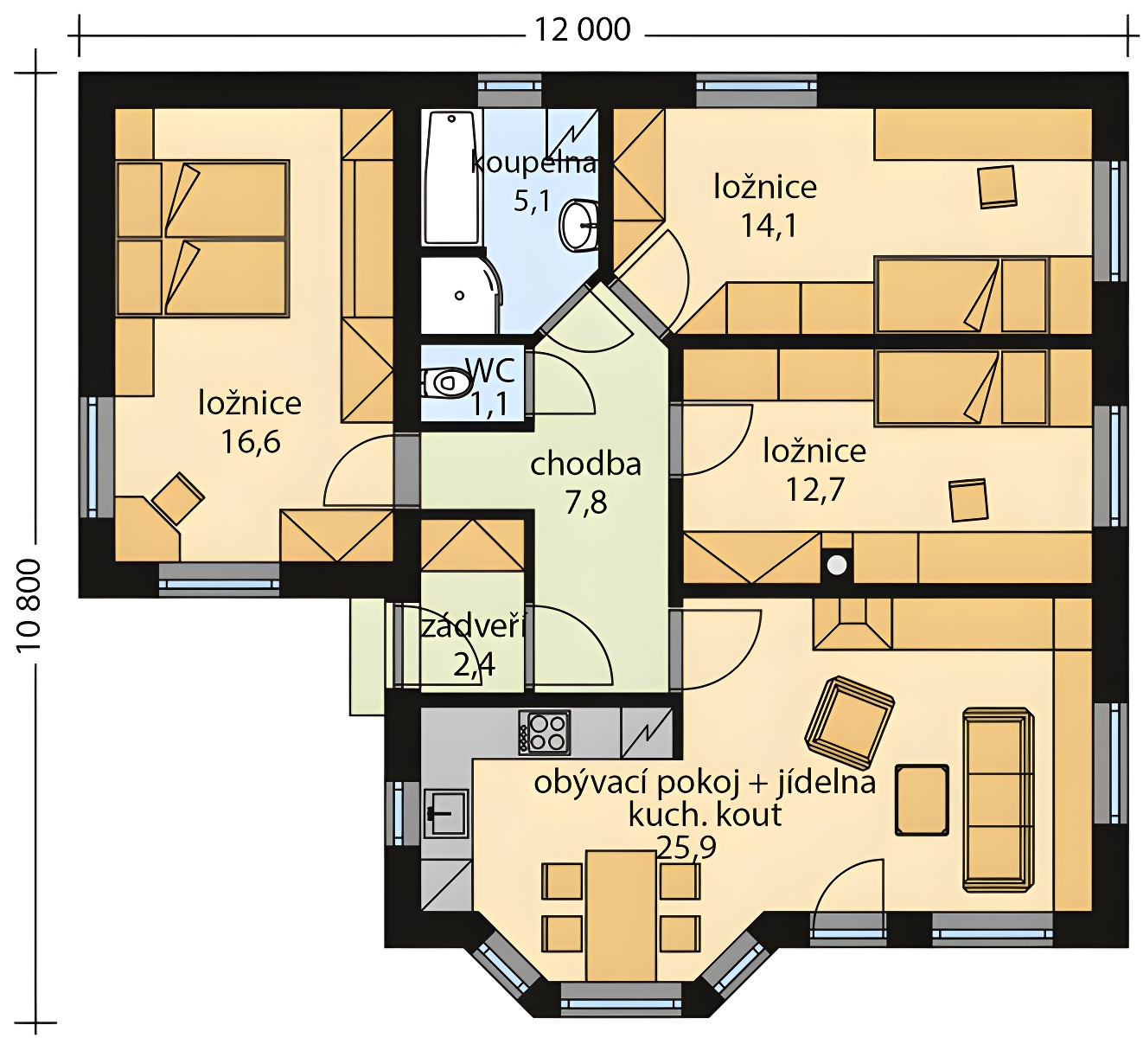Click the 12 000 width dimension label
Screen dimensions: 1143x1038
coord(583,29)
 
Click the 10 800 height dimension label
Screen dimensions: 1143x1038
coord(29,606)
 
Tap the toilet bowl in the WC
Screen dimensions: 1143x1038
coord(446,381)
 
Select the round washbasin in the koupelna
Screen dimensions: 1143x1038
coord(579,225)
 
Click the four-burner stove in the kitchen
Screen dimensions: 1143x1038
coord(544,733)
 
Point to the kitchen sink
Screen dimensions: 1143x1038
coord(446,812)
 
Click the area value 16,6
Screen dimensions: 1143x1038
coord(251,442)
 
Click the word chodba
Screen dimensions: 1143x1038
coord(585,465)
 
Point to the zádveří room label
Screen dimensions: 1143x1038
coord(473,627)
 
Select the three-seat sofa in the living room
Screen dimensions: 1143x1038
coord(999,800)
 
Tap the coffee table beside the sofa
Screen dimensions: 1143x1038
coord(922,800)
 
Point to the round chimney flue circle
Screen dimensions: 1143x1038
coord(837,565)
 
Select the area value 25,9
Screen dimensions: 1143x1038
coord(686,848)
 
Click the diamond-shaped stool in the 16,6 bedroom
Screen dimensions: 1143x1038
coord(178,498)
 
